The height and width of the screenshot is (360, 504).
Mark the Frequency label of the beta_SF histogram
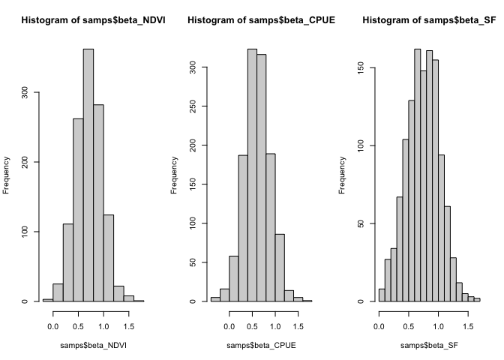coord(343,175)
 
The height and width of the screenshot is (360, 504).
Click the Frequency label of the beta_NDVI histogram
coord(7,175)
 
